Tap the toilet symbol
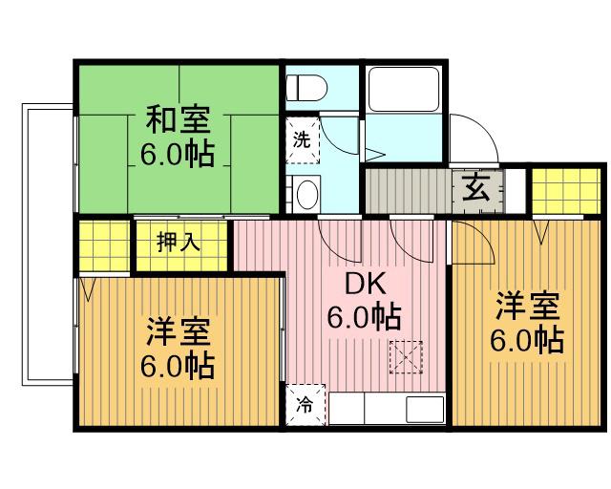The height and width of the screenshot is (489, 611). click(306, 88)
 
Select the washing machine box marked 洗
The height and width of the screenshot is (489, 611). click(303, 139)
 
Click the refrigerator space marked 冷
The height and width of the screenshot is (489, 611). click(305, 405)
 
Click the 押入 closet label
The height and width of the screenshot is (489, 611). click(179, 243)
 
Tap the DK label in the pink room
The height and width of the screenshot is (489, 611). click(366, 285)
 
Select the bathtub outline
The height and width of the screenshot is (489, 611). click(404, 90)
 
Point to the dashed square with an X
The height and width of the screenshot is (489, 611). click(406, 357)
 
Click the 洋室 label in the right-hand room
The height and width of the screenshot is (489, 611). click(528, 307)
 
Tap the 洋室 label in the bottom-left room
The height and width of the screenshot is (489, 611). click(179, 331)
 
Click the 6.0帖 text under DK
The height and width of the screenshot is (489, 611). click(364, 317)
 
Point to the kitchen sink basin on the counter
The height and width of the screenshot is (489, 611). click(425, 409)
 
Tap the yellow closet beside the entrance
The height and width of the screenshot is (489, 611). click(566, 191)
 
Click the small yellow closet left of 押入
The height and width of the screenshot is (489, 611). click(104, 245)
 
